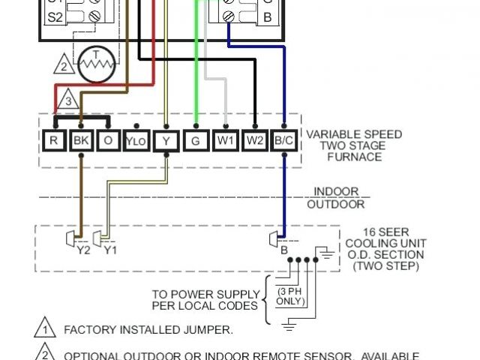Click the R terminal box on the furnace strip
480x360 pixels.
(x=54, y=140)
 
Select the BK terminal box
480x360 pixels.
(x=80, y=140)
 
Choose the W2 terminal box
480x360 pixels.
(x=255, y=140)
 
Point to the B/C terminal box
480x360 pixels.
(x=284, y=140)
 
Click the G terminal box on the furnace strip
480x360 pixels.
(x=196, y=140)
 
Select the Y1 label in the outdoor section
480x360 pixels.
(x=109, y=250)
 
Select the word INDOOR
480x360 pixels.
(x=335, y=192)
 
